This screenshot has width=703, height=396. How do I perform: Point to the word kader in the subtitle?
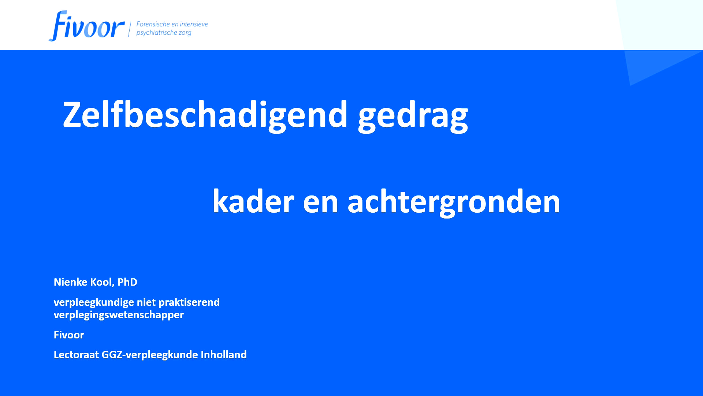[x=253, y=201]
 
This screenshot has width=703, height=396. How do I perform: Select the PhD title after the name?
[x=127, y=282]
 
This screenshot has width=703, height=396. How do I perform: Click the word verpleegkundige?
[x=94, y=302]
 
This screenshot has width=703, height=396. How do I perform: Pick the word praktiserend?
[x=189, y=302]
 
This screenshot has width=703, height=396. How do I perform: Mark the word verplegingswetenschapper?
[x=119, y=315]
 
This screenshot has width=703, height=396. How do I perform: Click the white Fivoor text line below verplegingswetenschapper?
[x=69, y=335]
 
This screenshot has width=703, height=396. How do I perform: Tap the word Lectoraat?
[x=76, y=355]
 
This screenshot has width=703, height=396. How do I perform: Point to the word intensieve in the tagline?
[x=194, y=24]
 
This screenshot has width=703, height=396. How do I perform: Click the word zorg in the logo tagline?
[x=185, y=33]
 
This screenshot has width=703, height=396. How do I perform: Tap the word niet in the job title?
[x=146, y=302]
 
